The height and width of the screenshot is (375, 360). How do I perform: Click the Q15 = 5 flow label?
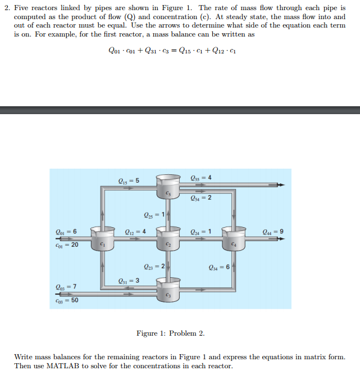129,180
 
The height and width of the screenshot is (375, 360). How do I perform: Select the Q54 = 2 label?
202,197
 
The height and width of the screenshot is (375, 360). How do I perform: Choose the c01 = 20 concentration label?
67,245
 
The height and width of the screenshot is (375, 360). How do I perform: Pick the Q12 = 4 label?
136,231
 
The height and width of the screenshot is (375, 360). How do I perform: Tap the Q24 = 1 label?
201,231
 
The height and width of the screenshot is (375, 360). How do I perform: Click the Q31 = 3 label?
128,281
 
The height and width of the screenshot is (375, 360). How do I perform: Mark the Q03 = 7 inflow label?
66,287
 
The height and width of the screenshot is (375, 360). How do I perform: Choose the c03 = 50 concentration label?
67,300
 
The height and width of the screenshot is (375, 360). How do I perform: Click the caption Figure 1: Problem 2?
170,333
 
